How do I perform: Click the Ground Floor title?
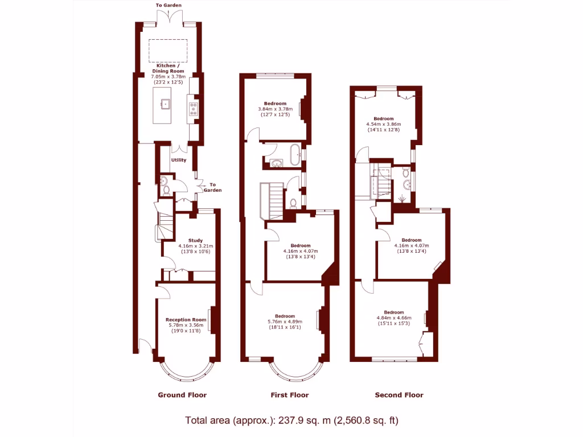pyautogui.click(x=182, y=395)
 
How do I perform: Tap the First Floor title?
pyautogui.click(x=289, y=395)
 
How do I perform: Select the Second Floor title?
pyautogui.click(x=399, y=395)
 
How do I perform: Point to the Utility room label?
pyautogui.click(x=179, y=160)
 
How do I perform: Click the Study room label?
pyautogui.click(x=195, y=240)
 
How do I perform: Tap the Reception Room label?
pyautogui.click(x=186, y=320)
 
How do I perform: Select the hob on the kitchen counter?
pyautogui.click(x=194, y=108)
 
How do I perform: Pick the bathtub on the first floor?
pyautogui.click(x=295, y=155)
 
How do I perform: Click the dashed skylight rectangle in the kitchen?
pyautogui.click(x=168, y=51)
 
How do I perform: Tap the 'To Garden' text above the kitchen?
pyautogui.click(x=169, y=5)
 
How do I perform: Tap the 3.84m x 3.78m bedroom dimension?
pyautogui.click(x=275, y=109)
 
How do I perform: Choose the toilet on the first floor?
pyautogui.click(x=292, y=201)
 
